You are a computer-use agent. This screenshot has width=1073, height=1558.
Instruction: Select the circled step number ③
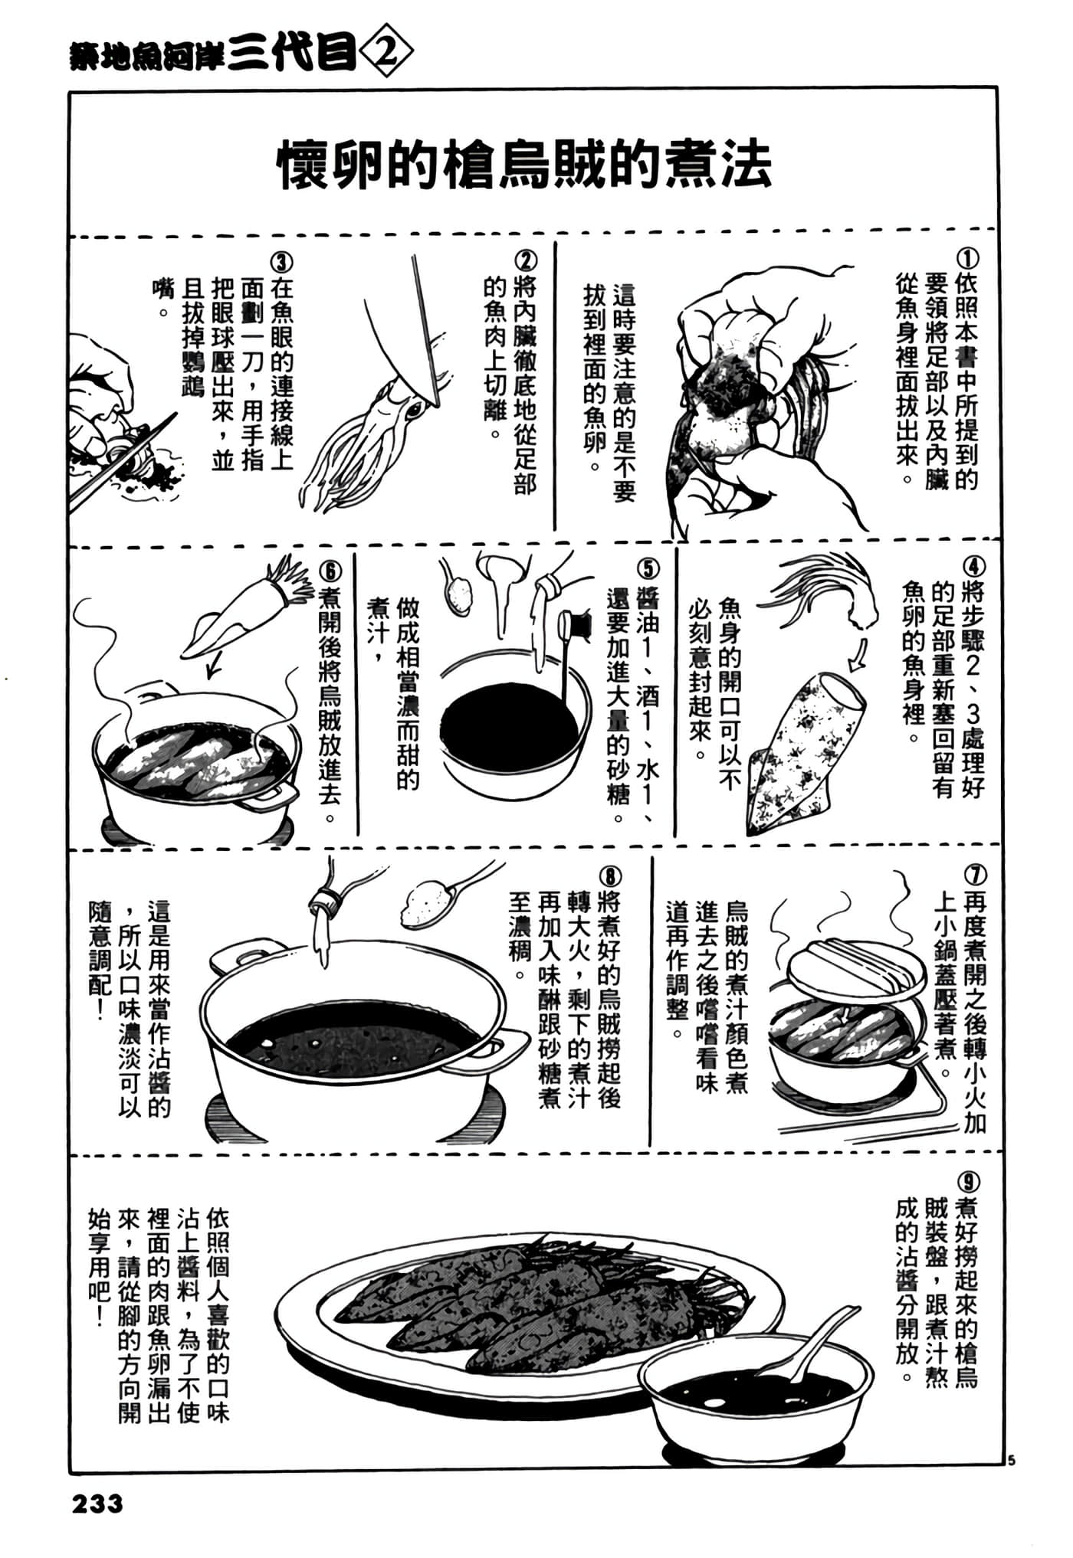(282, 263)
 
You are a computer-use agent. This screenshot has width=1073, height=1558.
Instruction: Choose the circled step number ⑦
(976, 875)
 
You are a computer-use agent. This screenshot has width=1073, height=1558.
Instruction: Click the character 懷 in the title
(303, 165)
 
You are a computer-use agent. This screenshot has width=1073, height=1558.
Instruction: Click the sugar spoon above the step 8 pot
(441, 896)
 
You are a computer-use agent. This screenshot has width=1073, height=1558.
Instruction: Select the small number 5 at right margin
(1012, 1460)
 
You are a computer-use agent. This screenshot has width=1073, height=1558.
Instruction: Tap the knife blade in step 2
(425, 329)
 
